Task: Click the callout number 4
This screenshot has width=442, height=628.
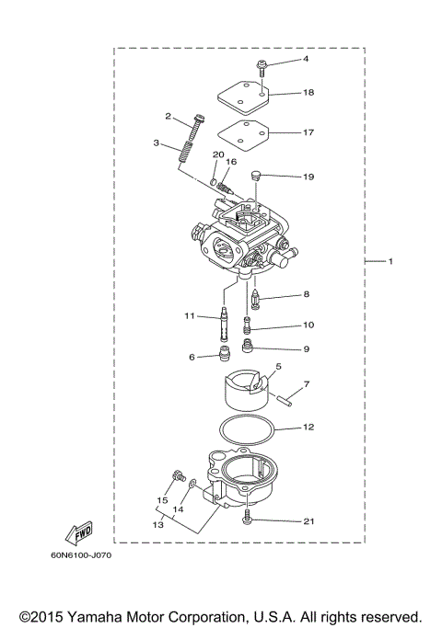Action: (308, 59)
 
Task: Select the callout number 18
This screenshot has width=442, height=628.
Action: (309, 93)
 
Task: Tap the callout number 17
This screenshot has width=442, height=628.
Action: (309, 131)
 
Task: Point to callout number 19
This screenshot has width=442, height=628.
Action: (309, 175)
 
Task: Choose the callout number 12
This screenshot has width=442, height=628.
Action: (309, 428)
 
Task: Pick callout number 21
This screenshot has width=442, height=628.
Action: (309, 521)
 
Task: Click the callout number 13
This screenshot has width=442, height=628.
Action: (158, 523)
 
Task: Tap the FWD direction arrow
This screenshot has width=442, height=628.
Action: (79, 532)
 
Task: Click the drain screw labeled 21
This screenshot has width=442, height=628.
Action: (250, 520)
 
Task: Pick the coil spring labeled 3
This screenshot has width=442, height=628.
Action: (186, 149)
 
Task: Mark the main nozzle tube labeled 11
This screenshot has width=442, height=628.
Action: (223, 325)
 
